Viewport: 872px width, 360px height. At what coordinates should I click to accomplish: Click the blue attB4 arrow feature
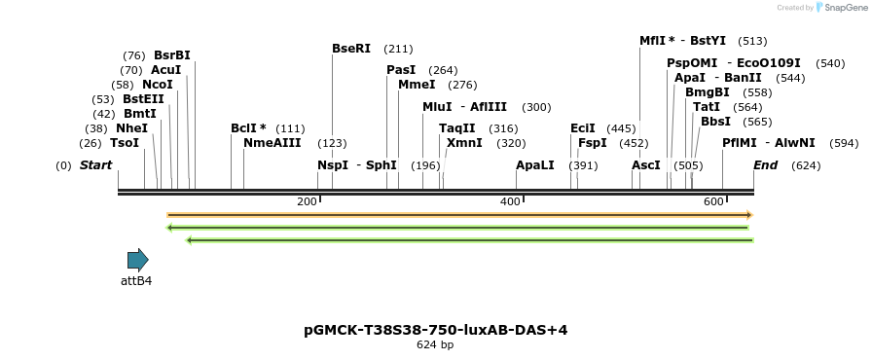137,260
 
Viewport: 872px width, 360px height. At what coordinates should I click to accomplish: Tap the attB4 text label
136,281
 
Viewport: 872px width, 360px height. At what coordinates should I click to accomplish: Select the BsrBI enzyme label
171,55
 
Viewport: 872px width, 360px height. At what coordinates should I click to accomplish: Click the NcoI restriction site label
157,85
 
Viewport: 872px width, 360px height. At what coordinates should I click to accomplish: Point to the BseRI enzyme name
351,49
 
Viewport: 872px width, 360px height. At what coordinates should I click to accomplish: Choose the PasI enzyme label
401,70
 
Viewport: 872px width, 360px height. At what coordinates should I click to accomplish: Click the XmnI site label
464,143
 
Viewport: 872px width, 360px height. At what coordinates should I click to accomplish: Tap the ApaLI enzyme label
535,165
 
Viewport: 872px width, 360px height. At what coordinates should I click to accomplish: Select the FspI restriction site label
593,143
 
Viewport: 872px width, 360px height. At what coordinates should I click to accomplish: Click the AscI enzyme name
646,165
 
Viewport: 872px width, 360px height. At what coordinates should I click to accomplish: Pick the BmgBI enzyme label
708,92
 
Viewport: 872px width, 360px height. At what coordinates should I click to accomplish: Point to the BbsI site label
715,122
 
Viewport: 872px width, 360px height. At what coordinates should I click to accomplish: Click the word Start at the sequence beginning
95,165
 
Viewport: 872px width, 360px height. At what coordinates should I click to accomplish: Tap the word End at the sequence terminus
765,165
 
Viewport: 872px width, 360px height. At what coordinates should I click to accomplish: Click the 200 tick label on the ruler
307,201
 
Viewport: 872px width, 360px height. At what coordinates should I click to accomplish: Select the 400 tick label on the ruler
510,201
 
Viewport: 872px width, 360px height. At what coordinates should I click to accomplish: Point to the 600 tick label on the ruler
713,201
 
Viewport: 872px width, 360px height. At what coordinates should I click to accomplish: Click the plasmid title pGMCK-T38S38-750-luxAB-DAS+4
435,330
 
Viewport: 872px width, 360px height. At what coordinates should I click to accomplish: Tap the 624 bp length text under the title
435,345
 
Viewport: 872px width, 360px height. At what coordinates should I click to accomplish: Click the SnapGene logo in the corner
840,8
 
